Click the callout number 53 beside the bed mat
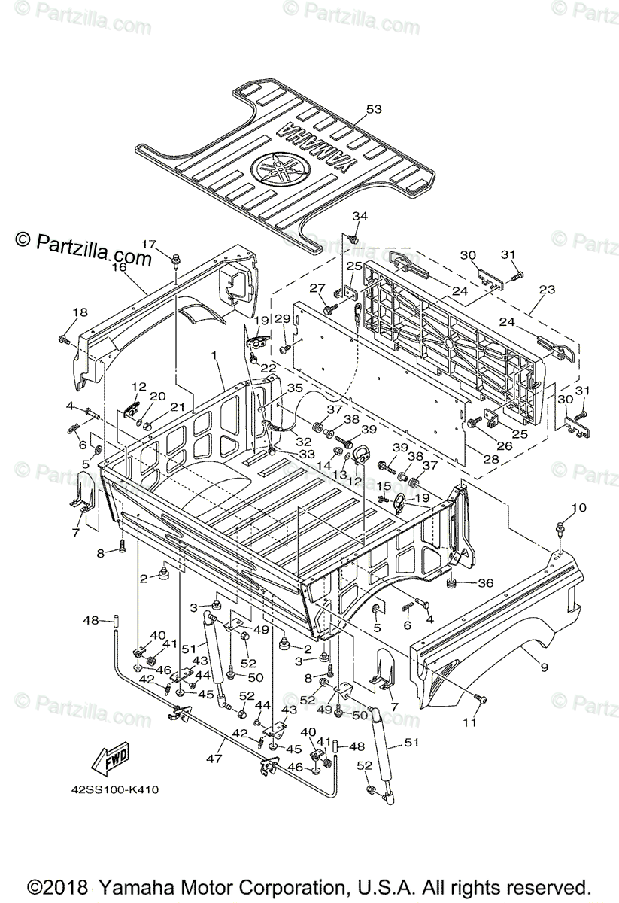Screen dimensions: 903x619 (x=374, y=109)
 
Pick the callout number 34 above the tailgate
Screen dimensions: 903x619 (x=360, y=217)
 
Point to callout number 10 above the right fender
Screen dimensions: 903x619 (x=578, y=508)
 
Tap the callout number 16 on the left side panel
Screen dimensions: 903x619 (x=119, y=266)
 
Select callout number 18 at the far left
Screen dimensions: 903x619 (x=80, y=312)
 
